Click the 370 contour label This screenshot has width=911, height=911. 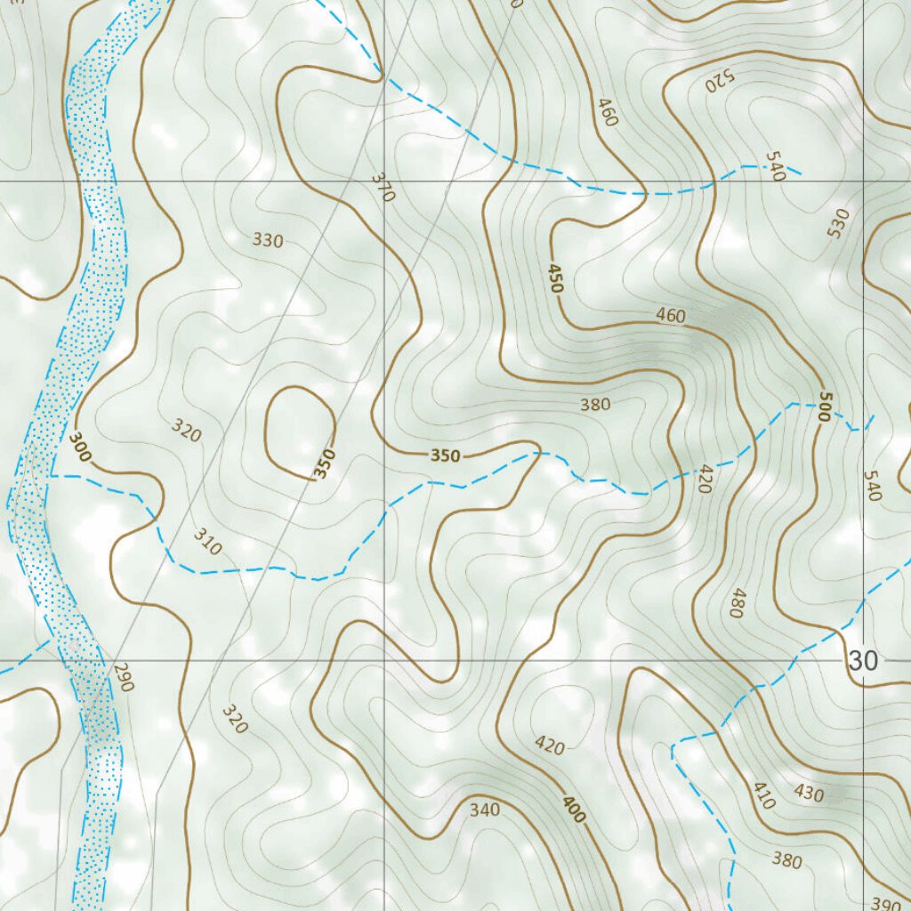tap(382, 188)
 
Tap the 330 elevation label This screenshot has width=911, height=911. tap(268, 240)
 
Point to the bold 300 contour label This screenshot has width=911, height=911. tap(79, 447)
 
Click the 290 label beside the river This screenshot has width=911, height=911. tap(123, 678)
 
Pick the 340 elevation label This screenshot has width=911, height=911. tap(485, 810)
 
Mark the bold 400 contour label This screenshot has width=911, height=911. tap(574, 809)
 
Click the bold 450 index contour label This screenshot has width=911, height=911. tap(556, 278)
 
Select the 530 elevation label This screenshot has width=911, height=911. tap(838, 222)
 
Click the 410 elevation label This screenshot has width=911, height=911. tap(763, 794)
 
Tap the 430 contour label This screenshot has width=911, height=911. tap(809, 793)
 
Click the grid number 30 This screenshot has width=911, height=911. tap(863, 661)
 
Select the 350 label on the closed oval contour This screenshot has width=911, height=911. tap(325, 464)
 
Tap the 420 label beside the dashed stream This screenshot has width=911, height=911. tap(705, 479)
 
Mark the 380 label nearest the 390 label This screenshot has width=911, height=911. tap(787, 860)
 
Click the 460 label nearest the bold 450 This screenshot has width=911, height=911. tap(671, 315)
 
